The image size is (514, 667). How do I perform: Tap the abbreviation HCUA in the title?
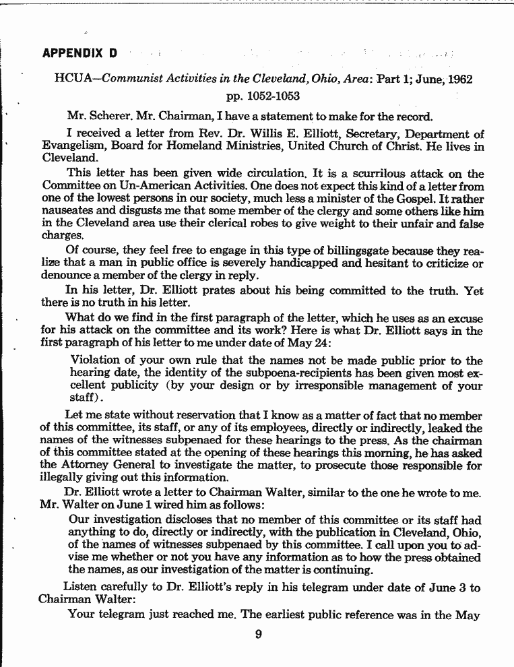pyautogui.click(x=70, y=80)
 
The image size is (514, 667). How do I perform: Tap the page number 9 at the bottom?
pyautogui.click(x=258, y=633)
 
